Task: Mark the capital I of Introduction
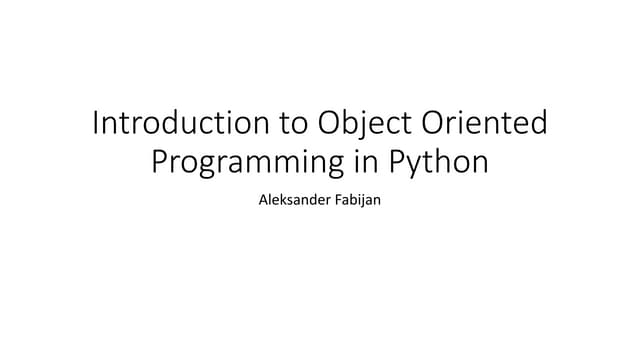[95, 124]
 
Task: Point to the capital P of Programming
[159, 160]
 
